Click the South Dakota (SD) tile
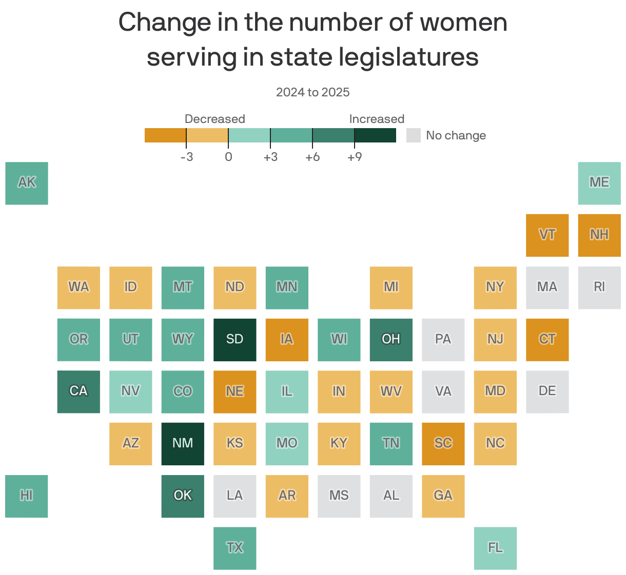234,340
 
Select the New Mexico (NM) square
183,444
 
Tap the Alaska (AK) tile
27,183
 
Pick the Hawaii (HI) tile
27,496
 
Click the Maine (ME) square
599,183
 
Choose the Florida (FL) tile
495,548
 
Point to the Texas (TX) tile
234,548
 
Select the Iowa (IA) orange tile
287,340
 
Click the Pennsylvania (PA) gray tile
443,340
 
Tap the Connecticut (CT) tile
547,340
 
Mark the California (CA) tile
79,392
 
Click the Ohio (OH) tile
391,340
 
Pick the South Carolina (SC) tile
443,444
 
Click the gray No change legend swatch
413,135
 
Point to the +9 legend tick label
355,157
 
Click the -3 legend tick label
187,157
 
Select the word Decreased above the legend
214,119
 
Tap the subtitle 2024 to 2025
312,92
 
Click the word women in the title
463,23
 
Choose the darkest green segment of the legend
375,135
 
